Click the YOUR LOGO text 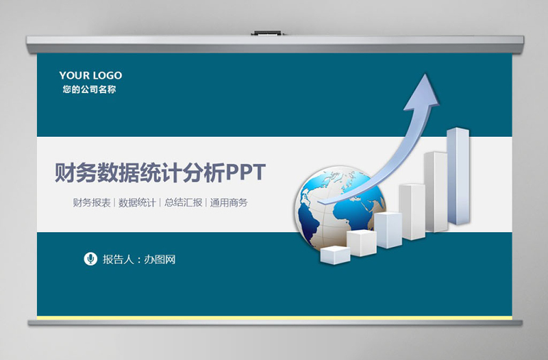[90, 75]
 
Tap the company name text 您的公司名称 [89, 89]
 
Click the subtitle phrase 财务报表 [92, 203]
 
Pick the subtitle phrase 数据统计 [137, 203]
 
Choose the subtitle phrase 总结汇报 [184, 203]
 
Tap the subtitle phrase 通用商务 [229, 203]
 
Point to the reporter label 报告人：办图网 [139, 259]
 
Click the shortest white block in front [335, 255]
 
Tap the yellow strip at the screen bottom [274, 318]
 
